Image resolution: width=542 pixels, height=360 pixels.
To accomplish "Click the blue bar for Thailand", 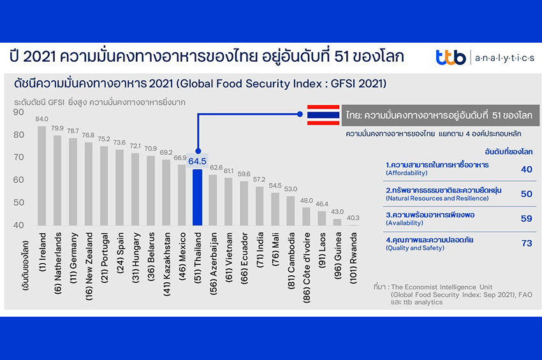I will (198, 197).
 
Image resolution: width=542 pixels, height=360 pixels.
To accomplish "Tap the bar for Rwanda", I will (353, 225).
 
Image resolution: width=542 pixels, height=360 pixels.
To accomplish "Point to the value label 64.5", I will (198, 161).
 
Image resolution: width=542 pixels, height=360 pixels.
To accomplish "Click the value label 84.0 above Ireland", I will (42, 119).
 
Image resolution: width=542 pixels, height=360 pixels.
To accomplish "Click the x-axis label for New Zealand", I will (89, 262).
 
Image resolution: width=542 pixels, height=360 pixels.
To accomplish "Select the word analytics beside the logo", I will (504, 58).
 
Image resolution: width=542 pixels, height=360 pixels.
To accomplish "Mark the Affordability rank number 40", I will (526, 169).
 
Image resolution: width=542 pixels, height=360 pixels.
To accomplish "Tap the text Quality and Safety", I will (415, 248).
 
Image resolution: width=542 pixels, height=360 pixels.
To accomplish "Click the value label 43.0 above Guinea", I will (337, 212).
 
